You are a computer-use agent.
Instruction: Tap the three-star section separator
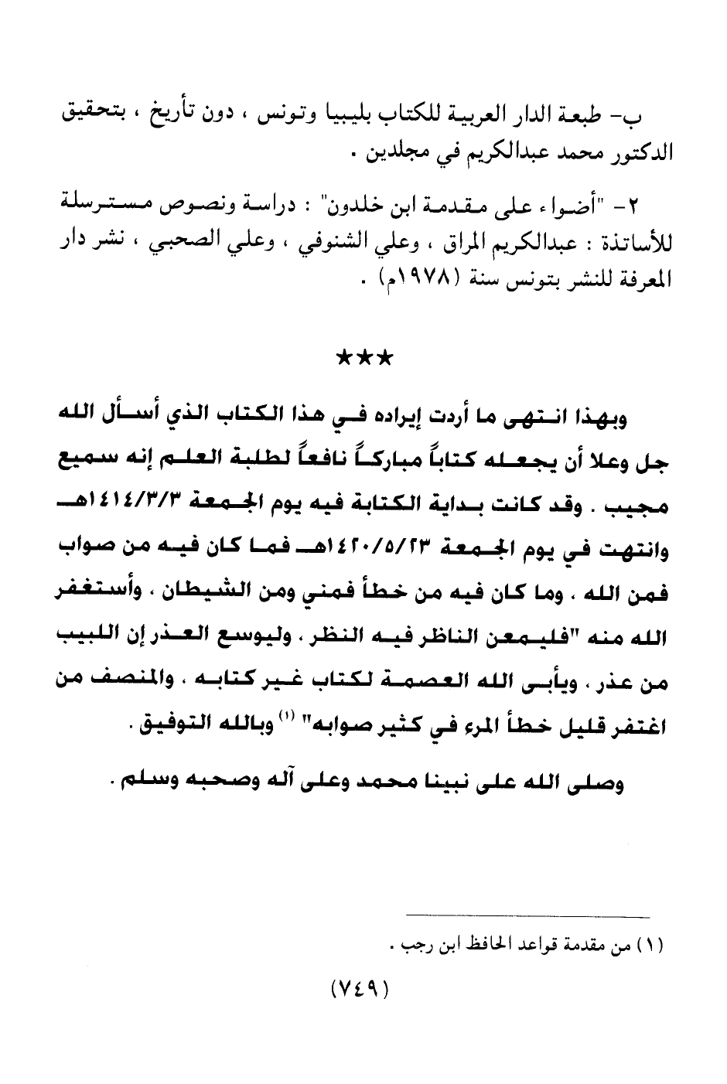364,359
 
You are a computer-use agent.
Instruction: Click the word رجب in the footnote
408,944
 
